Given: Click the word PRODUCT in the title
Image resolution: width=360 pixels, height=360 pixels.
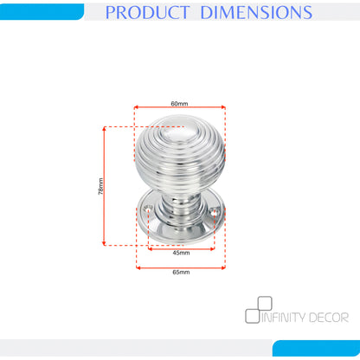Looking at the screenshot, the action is point(147,12).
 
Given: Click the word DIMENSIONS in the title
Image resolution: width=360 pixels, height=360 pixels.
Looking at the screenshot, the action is point(256,12).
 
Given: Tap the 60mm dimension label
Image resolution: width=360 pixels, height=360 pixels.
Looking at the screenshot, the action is point(179,103).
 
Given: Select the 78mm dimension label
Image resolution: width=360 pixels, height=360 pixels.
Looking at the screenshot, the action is point(100,186).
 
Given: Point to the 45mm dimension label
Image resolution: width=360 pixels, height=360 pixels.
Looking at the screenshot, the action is point(181,253).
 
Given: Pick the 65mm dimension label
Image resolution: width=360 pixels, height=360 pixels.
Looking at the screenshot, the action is point(181,272).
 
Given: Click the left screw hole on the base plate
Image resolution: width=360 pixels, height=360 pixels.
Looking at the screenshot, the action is point(149,208).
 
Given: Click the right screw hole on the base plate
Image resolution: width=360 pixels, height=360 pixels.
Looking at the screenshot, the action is point(215,211).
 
